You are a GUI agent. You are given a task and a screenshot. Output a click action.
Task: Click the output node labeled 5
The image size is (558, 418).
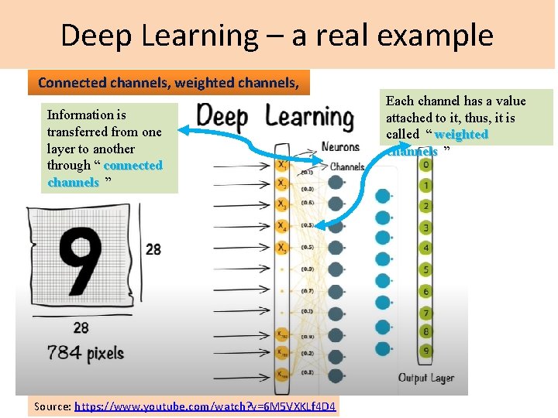425,269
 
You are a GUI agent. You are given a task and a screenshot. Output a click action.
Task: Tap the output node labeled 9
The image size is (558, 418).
425,351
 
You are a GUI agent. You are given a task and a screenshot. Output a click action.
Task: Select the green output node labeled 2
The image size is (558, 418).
425,207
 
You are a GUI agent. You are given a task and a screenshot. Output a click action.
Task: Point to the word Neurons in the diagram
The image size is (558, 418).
341,146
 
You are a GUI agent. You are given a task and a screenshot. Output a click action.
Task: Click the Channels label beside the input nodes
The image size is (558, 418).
347,166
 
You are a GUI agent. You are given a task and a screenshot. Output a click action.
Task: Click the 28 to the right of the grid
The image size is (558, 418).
153,248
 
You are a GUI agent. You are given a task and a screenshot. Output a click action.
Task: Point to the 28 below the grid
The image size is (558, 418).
81,328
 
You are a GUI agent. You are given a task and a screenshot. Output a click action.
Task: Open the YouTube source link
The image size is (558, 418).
205,406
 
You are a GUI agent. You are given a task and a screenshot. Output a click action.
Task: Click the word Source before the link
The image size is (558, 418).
52,406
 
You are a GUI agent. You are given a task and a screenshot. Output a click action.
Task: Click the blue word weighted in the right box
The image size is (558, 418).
461,135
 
